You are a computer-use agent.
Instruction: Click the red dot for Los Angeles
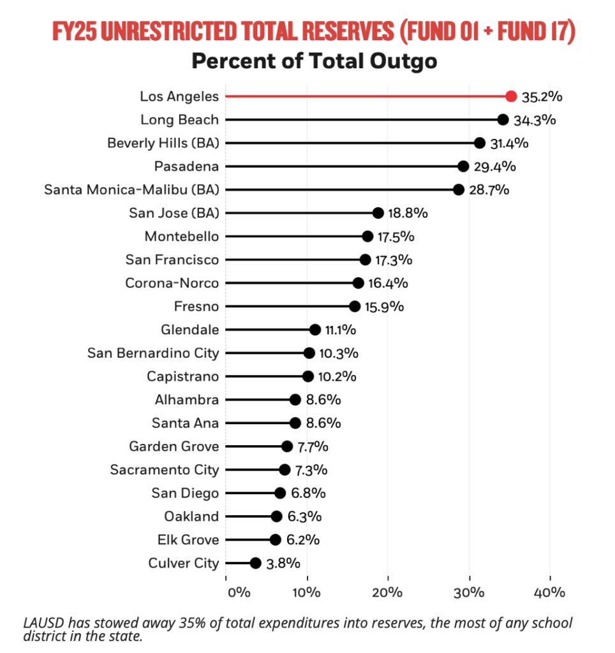[510, 96]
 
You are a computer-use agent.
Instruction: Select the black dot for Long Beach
[503, 120]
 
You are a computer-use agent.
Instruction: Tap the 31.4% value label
[510, 143]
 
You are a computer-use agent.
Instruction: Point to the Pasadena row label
[186, 166]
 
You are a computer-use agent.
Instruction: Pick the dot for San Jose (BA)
[378, 213]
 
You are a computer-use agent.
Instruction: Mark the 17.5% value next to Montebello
[396, 237]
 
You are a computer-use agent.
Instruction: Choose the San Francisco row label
[172, 260]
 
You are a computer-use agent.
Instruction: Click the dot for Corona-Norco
[358, 283]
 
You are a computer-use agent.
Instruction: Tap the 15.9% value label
[384, 307]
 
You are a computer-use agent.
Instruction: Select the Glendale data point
[315, 330]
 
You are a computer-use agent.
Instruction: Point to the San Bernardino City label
[153, 353]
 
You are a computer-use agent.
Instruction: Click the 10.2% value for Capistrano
[338, 376]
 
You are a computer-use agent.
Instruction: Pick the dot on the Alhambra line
[295, 400]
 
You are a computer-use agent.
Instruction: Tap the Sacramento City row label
[165, 470]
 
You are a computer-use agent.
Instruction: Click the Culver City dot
[255, 563]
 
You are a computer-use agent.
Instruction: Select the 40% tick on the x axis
[549, 592]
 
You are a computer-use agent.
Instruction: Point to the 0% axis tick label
[238, 592]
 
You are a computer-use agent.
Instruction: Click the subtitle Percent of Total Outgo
[315, 61]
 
